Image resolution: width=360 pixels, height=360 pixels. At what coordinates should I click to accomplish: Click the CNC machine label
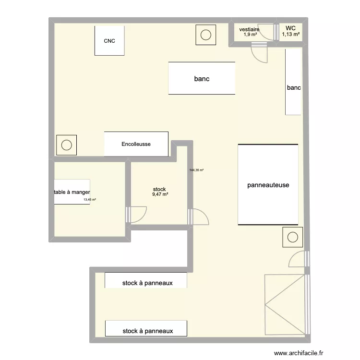[x=109, y=41]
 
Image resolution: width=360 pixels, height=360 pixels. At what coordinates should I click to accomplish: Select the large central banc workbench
[x=202, y=78]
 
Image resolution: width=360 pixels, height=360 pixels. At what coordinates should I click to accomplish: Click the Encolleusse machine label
[x=136, y=144]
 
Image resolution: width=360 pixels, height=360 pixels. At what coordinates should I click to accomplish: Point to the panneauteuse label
[x=268, y=185]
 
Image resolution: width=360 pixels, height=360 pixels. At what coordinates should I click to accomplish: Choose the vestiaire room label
[x=250, y=29]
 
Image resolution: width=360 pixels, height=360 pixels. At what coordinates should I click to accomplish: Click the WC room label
[x=291, y=28]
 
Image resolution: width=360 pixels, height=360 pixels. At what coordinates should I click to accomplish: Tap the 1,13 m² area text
[x=291, y=35]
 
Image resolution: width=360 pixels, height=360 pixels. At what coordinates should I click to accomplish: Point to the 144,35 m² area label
[x=197, y=170]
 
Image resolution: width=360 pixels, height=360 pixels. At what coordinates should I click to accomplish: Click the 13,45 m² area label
[x=90, y=200]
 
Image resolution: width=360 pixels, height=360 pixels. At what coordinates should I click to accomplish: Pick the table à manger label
[x=72, y=192]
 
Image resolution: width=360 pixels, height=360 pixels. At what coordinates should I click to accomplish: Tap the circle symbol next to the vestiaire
[x=206, y=35]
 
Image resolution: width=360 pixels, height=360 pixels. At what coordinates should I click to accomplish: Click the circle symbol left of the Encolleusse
[x=66, y=144]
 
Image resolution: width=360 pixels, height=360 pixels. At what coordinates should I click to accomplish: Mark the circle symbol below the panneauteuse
[x=292, y=237]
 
